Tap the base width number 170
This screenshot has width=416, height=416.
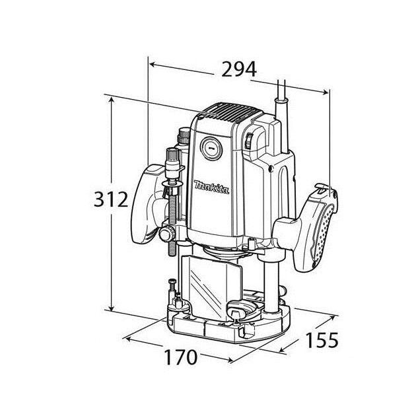(x=180, y=357)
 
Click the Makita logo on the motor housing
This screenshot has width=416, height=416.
(x=211, y=188)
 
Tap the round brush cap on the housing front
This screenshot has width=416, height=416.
(x=211, y=148)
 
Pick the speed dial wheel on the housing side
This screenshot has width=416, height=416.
(x=251, y=141)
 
